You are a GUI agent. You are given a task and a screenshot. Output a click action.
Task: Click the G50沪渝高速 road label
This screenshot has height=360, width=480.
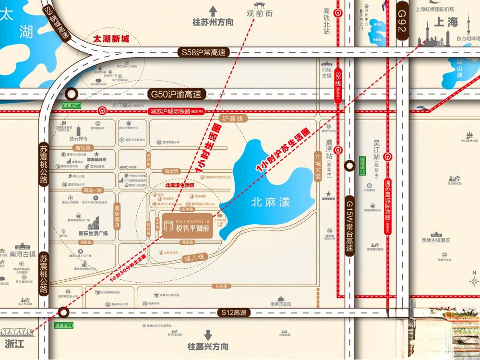[176, 95]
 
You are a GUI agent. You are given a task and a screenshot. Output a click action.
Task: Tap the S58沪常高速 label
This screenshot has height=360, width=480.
[203, 52]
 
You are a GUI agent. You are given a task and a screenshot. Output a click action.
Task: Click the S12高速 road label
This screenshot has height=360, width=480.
[234, 312]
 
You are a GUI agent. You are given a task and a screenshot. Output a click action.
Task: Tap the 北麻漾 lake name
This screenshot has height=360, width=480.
[271, 203]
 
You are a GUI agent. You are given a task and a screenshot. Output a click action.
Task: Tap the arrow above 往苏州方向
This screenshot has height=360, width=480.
[213, 11]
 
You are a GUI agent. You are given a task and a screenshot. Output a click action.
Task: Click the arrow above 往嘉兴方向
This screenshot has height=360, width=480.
[208, 335]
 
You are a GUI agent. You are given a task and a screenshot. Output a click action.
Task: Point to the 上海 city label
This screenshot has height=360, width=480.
[446, 23]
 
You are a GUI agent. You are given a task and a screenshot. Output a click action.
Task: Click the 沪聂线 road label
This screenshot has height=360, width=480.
[232, 118]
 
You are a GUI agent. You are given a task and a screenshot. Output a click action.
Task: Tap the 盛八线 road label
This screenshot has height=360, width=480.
[194, 258]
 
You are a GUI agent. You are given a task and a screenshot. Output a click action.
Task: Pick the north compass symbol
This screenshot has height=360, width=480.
[473, 281]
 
